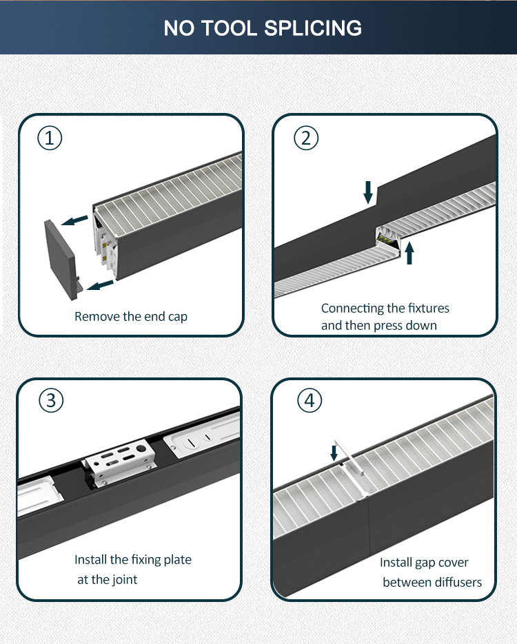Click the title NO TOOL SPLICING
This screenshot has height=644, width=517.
point(263,28)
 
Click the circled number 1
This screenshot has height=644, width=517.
point(50,138)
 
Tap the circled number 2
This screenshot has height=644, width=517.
point(306,138)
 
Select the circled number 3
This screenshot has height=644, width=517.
point(50,400)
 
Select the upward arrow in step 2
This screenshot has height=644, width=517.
point(410,253)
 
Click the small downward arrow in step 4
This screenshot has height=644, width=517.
point(334,452)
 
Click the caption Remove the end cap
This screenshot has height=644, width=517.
point(131,317)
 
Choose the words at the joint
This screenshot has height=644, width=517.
point(107,579)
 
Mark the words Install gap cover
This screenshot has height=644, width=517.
point(424,563)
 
